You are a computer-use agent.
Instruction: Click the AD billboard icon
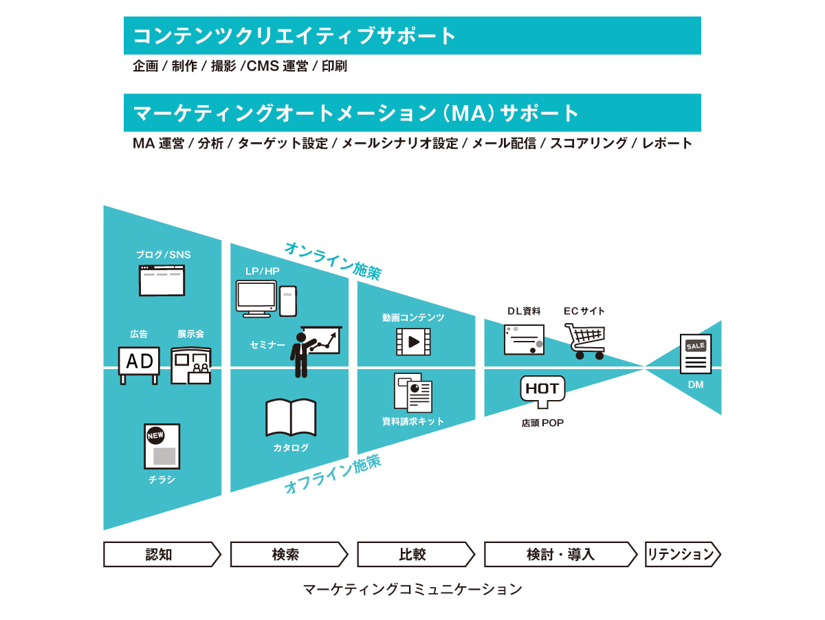click(x=139, y=365)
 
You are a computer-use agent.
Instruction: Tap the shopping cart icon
click(x=585, y=341)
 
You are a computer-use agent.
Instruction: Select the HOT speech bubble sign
click(x=542, y=392)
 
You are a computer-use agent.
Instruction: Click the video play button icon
click(x=413, y=342)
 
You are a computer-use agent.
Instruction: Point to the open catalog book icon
click(x=291, y=417)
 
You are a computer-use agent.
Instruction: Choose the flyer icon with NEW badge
click(x=162, y=446)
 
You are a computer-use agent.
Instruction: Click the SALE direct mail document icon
click(x=695, y=353)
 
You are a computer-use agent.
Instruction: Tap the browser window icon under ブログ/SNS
click(x=162, y=280)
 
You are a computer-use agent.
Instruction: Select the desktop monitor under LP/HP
click(x=256, y=299)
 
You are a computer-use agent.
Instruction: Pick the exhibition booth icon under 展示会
click(x=191, y=365)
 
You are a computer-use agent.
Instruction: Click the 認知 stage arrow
click(x=162, y=554)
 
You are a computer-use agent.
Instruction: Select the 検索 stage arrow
click(x=289, y=554)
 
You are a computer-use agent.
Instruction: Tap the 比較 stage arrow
click(x=416, y=554)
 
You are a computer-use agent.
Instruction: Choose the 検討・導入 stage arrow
click(x=561, y=554)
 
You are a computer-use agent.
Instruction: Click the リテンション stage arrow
click(x=683, y=554)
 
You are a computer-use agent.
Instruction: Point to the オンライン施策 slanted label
click(x=333, y=261)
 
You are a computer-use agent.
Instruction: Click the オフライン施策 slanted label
click(x=333, y=474)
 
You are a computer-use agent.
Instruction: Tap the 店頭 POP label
click(x=542, y=423)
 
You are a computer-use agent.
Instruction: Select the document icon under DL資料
click(x=524, y=340)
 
